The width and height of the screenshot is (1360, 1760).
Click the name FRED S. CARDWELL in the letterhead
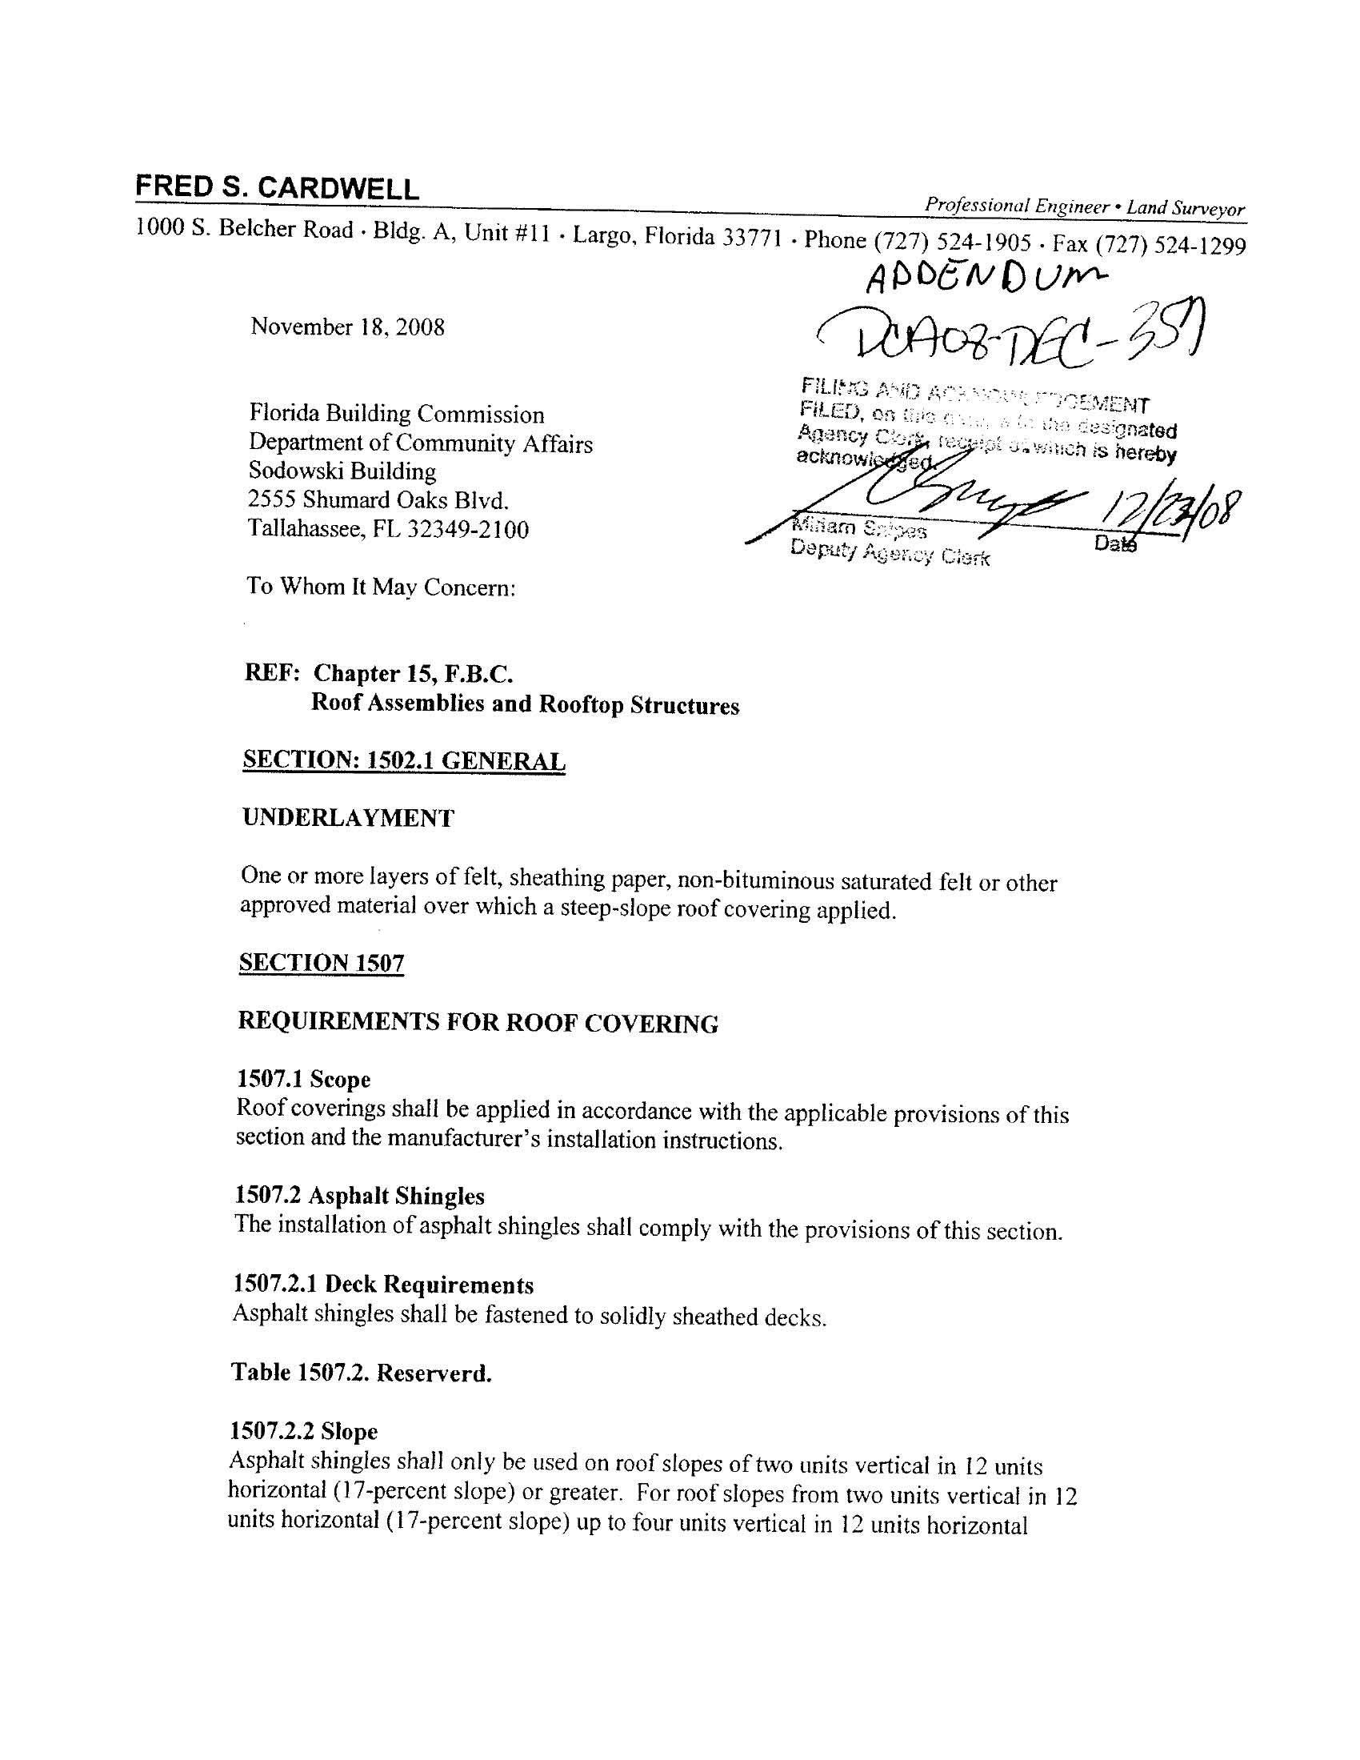pyautogui.click(x=277, y=188)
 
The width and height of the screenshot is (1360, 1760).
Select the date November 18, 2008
pyautogui.click(x=347, y=327)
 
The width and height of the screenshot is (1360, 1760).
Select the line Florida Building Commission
pyautogui.click(x=396, y=415)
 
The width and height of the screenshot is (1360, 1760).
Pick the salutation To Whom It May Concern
pyautogui.click(x=381, y=587)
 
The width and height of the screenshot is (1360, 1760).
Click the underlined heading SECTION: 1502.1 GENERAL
pyautogui.click(x=404, y=760)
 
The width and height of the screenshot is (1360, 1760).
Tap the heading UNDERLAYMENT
pyautogui.click(x=348, y=818)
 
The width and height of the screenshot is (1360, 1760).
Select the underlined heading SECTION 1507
pyautogui.click(x=321, y=963)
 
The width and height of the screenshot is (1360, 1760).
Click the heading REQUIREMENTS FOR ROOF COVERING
pyautogui.click(x=478, y=1023)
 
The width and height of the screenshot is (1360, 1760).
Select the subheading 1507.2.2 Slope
pyautogui.click(x=304, y=1431)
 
